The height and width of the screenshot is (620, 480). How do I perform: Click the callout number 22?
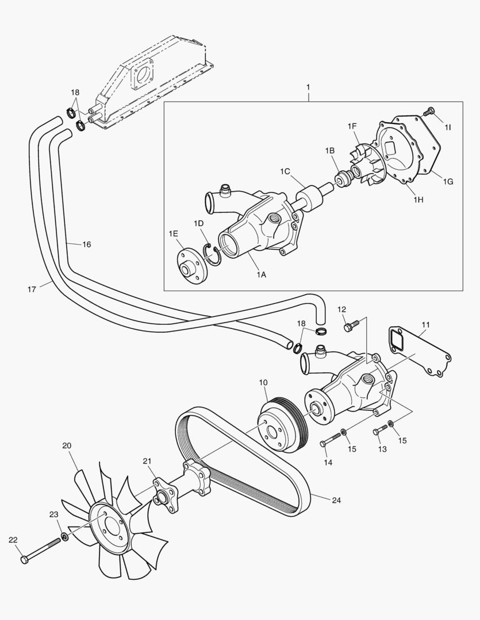[x=13, y=539]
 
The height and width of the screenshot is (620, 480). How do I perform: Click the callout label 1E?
[x=174, y=233]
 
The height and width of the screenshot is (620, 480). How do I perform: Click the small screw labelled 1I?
[x=428, y=112]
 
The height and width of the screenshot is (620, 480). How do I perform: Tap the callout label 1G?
[x=448, y=181]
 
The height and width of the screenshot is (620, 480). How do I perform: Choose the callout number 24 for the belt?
[x=336, y=500]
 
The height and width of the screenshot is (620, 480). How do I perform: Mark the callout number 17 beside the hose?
[x=32, y=289]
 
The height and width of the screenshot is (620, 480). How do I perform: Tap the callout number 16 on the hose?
[x=86, y=245]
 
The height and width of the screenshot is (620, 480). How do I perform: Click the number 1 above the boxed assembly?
[x=308, y=87]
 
